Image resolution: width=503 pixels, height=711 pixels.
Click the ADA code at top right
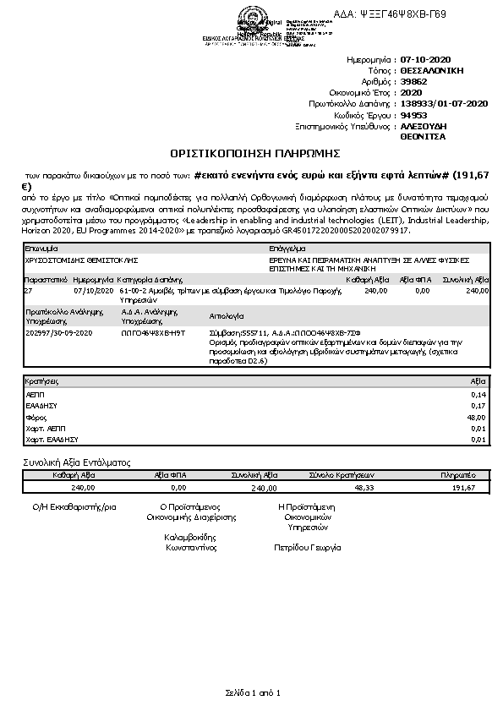pos(402,14)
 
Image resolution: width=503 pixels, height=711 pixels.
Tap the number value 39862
pos(413,82)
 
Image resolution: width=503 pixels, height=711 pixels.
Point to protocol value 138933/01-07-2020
pos(444,103)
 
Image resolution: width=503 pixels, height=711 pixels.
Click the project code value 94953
pos(413,114)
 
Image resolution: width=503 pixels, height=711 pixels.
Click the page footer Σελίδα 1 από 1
pos(252,693)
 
